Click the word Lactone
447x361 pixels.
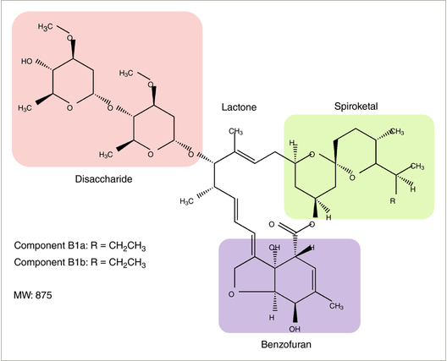tap(240, 107)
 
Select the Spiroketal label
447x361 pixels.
tap(356, 107)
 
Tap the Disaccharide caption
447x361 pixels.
tap(104, 179)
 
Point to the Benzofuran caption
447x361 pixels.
tap(286, 344)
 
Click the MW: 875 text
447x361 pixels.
tap(33, 295)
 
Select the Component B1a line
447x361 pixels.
tap(80, 246)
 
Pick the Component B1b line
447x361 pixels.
tap(80, 262)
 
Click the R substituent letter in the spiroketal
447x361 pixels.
tap(393, 201)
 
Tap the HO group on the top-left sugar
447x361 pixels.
tap(27, 61)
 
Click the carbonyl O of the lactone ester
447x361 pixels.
tap(272, 225)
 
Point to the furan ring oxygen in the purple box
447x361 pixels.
tap(231, 294)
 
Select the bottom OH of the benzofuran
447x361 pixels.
tap(295, 330)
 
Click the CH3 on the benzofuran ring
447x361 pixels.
tap(336, 307)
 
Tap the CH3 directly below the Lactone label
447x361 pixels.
tap(236, 132)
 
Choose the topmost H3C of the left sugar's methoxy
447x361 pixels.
tap(46, 27)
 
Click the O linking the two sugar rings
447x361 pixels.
tap(110, 108)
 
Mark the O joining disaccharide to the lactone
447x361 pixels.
tap(191, 155)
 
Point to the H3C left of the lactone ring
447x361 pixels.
tap(187, 201)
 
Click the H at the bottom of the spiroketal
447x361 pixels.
tap(328, 218)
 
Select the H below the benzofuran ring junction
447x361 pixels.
tap(272, 317)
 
